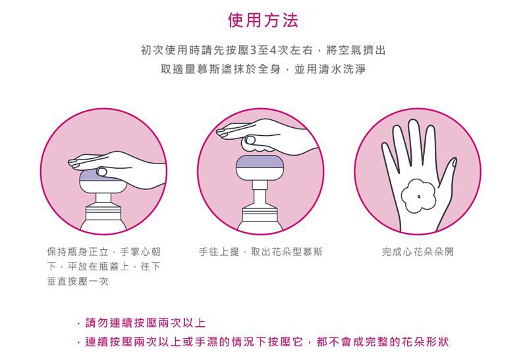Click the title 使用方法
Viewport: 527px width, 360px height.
coord(263,20)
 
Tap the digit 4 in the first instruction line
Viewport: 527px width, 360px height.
coord(273,51)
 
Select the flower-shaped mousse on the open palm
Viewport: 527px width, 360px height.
coord(418,196)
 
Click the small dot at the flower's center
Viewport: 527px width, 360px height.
coord(419,196)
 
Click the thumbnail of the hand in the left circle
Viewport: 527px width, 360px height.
coord(102,171)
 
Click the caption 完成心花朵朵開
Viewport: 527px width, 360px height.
coord(418,251)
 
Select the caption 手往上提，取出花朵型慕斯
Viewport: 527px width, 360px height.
coord(260,251)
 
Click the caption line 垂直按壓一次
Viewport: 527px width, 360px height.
coord(78,281)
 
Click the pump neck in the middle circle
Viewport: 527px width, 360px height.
coord(260,191)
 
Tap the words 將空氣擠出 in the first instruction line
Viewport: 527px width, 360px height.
coord(356,51)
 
